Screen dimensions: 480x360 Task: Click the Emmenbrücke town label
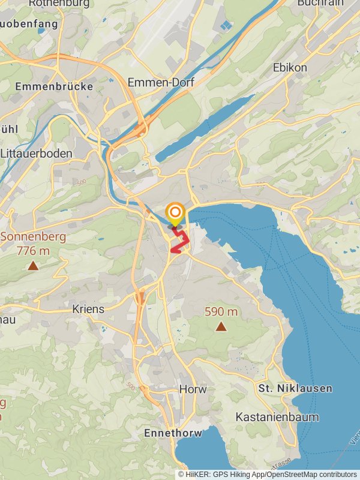(x=54, y=86)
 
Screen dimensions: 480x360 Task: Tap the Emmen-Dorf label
(x=161, y=83)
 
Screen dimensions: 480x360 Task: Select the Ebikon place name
(x=289, y=67)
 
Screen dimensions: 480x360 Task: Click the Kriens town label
(x=88, y=310)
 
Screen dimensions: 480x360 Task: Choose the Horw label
(x=193, y=389)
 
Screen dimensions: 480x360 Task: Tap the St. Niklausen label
(x=295, y=389)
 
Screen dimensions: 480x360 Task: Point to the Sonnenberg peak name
(x=33, y=236)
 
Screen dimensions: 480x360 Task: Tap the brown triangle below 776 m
(x=33, y=265)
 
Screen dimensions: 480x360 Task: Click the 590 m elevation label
(x=221, y=312)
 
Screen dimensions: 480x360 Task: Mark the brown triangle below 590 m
(x=221, y=326)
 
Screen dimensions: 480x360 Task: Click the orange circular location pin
(x=175, y=213)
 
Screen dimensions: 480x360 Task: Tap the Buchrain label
(x=320, y=3)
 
